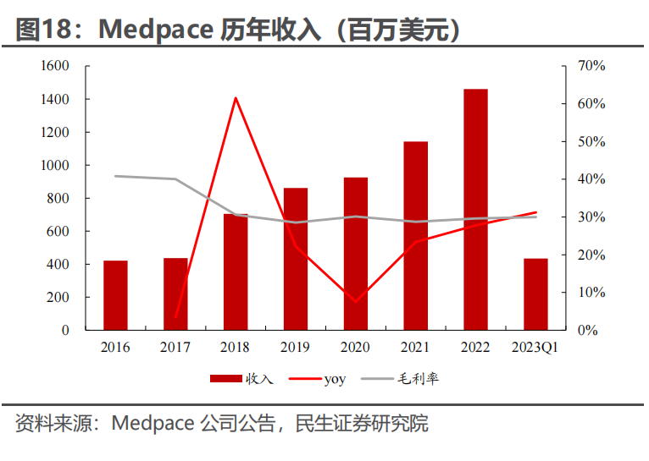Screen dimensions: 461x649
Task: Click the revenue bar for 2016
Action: pyautogui.click(x=115, y=295)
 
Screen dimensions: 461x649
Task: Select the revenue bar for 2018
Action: pyautogui.click(x=236, y=272)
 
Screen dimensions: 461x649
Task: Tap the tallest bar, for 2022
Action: pyautogui.click(x=475, y=210)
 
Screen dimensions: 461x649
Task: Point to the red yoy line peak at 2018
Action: pyautogui.click(x=236, y=98)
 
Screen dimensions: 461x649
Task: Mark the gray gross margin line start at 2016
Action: pyautogui.click(x=115, y=176)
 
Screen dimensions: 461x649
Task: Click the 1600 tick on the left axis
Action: pyautogui.click(x=53, y=66)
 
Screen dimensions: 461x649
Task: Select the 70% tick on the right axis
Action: pyautogui.click(x=591, y=66)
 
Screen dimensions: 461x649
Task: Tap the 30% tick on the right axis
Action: pyautogui.click(x=591, y=217)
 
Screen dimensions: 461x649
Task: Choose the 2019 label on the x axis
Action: pyautogui.click(x=296, y=348)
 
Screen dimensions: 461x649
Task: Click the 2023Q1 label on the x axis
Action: pyautogui.click(x=535, y=348)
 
